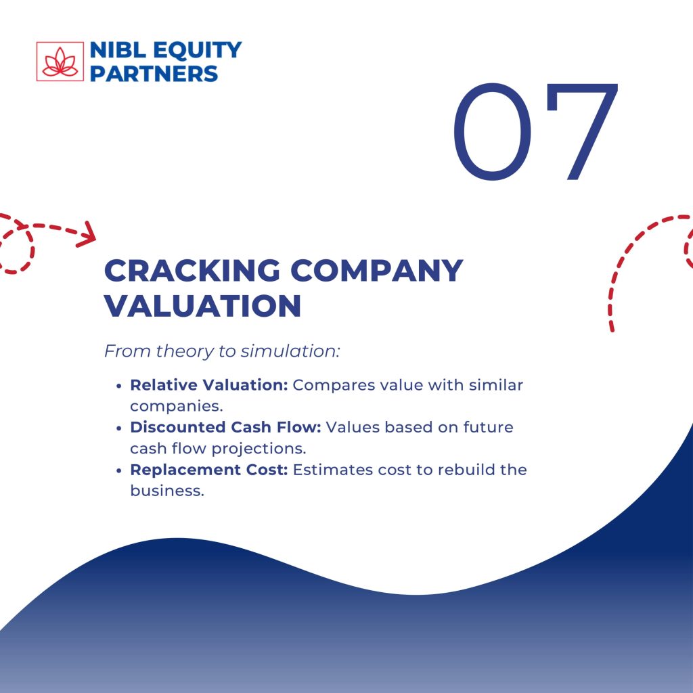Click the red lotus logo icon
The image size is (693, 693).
(60, 62)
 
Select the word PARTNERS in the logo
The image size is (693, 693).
(154, 73)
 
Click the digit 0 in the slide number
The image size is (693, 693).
(493, 131)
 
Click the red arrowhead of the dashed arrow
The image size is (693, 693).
(87, 234)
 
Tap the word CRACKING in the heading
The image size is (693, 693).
(192, 270)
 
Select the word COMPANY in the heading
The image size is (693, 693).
(376, 270)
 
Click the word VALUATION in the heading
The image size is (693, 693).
(202, 305)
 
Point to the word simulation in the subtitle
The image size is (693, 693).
(290, 351)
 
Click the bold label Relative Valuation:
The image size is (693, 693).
(209, 385)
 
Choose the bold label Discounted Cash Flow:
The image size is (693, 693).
(225, 427)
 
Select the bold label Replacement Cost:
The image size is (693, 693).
(209, 470)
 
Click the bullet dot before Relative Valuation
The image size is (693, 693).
(118, 386)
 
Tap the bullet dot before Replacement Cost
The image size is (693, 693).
(118, 471)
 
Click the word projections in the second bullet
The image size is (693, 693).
(259, 449)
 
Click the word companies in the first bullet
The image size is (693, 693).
(177, 407)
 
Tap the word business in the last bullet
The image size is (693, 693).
(167, 491)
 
